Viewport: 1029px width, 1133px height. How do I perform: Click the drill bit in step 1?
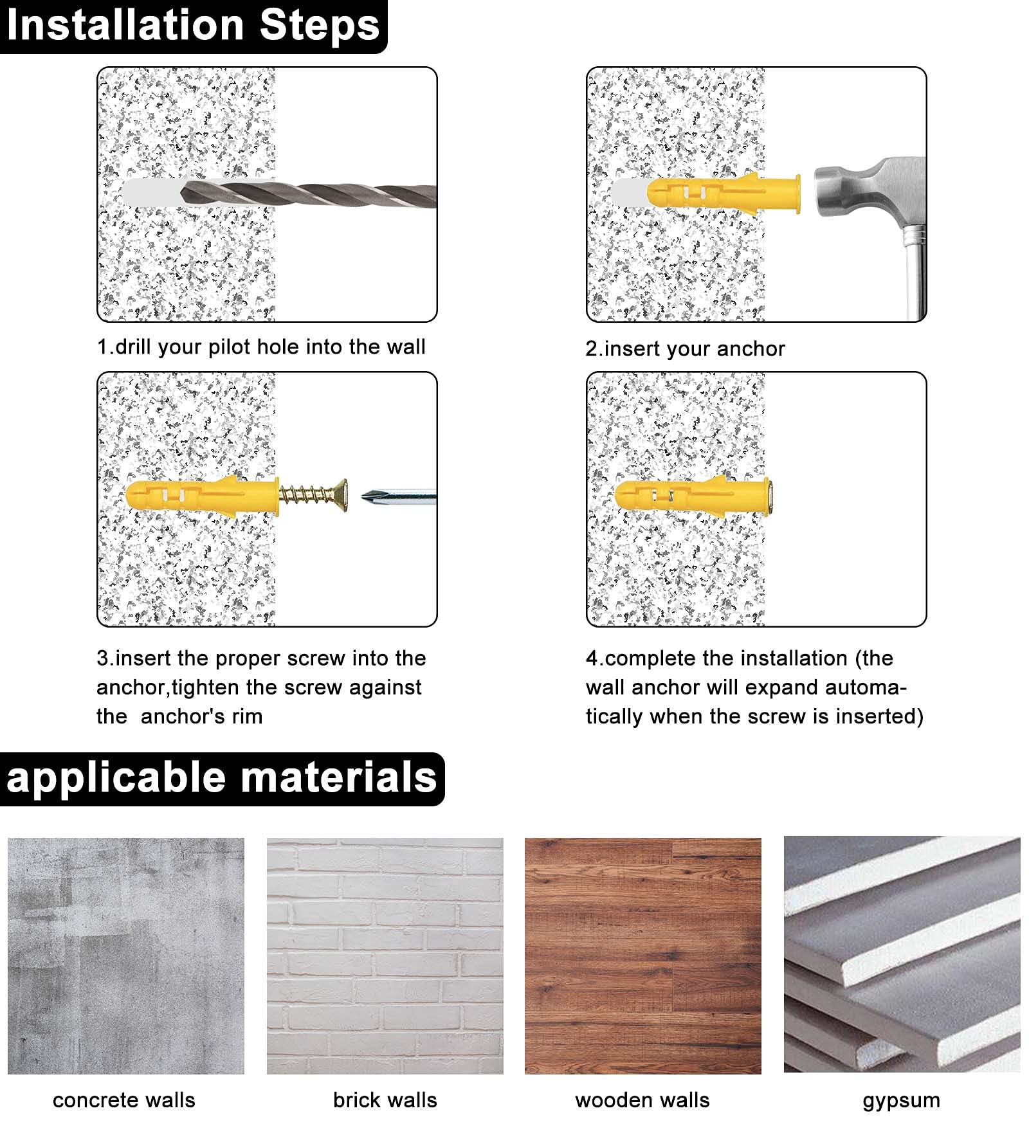coord(309,193)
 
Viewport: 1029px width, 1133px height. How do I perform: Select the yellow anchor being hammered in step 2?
coord(724,193)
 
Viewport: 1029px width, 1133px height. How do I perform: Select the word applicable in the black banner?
coord(116,777)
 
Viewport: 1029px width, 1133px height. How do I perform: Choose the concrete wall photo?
coord(126,956)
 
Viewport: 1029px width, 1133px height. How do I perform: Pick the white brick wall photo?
coord(385,956)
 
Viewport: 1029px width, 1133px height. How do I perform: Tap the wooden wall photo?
coord(642,956)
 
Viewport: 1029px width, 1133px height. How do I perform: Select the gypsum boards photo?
coord(902,954)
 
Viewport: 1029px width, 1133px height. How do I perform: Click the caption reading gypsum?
coord(901,1101)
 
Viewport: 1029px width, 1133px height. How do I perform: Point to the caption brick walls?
coord(385,1100)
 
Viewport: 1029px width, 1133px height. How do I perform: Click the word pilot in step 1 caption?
coord(230,347)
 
